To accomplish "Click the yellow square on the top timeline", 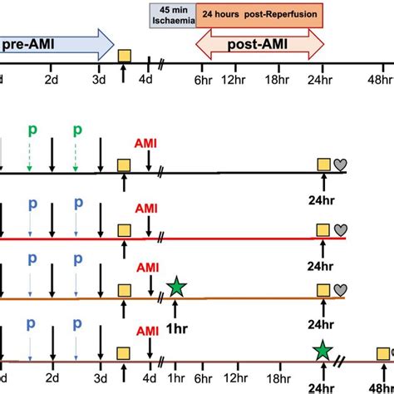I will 124,57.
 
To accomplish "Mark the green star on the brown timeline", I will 176,288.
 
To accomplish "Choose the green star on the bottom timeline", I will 322,351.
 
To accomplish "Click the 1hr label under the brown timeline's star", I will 176,317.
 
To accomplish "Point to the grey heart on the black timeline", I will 340,165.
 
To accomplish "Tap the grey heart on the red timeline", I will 340,229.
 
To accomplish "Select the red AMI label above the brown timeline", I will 147,268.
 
